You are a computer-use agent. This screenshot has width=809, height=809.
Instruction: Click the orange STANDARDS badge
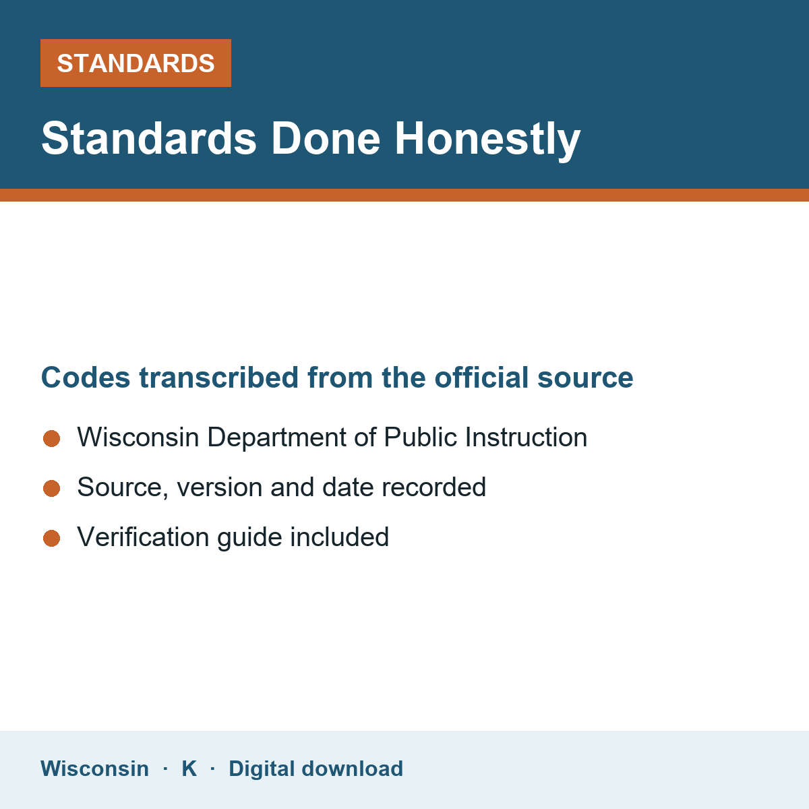pos(136,63)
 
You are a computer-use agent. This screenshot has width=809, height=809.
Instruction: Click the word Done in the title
pos(326,139)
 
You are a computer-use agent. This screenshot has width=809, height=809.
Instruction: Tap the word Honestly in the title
pos(487,141)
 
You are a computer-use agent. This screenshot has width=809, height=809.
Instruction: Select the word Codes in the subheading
pos(86,378)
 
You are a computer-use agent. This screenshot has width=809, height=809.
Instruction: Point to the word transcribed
pos(218,378)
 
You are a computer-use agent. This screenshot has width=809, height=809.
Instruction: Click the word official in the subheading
pos(481,378)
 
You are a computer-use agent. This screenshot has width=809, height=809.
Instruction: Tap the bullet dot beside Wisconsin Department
pos(52,438)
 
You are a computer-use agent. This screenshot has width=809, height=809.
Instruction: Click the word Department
pos(276,438)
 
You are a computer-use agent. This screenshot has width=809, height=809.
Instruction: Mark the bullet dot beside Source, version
pos(52,488)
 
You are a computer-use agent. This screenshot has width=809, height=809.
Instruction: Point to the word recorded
pos(433,487)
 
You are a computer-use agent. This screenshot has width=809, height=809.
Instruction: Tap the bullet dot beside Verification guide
pos(52,538)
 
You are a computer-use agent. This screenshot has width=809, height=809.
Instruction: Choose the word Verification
pos(143,537)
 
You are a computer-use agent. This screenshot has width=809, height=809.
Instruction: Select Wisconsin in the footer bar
pos(95,769)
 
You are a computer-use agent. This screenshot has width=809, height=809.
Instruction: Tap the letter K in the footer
pos(189,769)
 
